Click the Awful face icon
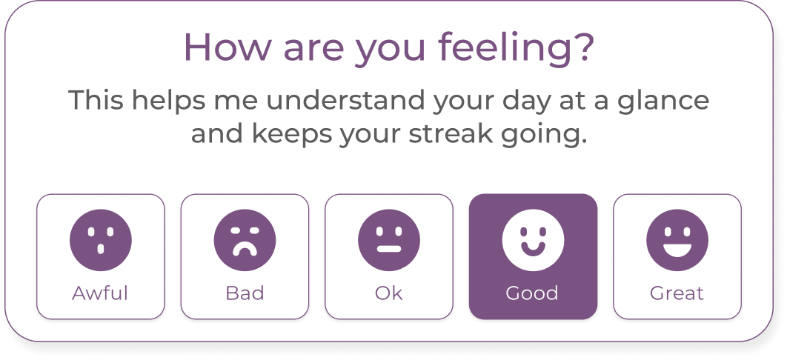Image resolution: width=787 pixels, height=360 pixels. coord(100,240)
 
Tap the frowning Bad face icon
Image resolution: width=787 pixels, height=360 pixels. coord(245,240)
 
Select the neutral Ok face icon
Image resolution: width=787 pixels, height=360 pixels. coord(389,240)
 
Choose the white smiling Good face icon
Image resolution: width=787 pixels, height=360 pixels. coord(533,240)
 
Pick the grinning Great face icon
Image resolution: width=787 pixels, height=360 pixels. coord(677,240)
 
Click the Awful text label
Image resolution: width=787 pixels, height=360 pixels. coord(100,293)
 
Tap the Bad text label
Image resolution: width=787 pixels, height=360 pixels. coord(245,293)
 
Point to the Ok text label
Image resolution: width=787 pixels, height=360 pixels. coord(389,293)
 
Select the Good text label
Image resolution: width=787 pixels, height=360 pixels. coord(532,293)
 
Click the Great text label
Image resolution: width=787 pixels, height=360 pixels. coord(677,293)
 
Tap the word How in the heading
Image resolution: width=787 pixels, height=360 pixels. coord(228,47)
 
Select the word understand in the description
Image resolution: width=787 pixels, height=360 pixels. coord(346,100)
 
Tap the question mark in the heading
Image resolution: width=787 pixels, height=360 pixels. coord(584,47)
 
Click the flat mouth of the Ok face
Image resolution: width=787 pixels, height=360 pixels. coord(389,249)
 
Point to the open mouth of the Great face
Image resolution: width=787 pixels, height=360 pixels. coord(677,249)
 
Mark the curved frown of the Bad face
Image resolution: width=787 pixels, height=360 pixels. coord(245,249)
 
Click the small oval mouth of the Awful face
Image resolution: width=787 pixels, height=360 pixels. coord(100,249)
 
